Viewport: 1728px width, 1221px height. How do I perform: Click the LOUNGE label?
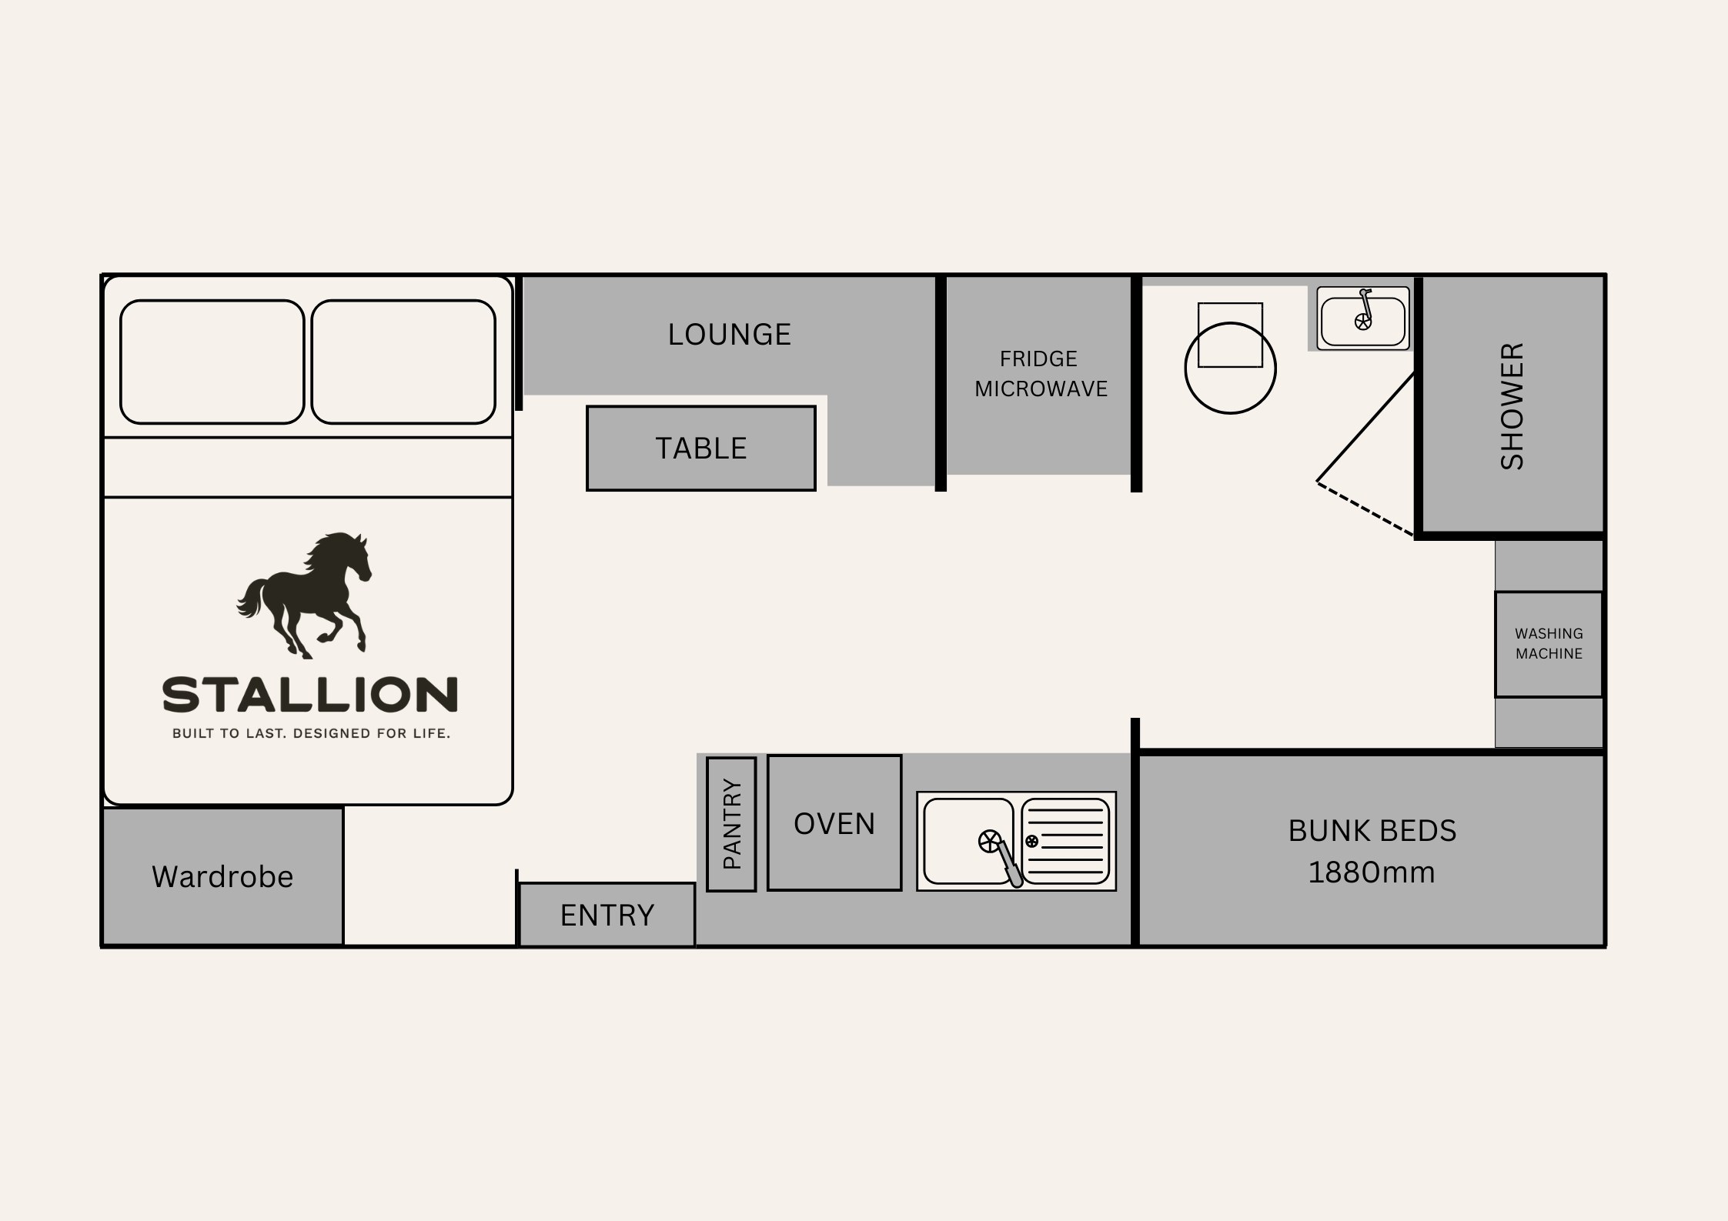coord(729,335)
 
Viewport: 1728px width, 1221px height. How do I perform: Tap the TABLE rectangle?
coord(700,448)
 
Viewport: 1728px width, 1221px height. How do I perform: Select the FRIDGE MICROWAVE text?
coord(1041,374)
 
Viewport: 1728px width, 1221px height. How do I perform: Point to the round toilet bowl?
coord(1230,368)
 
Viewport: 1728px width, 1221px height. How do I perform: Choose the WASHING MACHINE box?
coord(1549,644)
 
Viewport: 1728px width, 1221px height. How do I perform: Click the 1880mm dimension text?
coord(1372,872)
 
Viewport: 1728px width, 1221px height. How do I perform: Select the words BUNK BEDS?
coord(1372,831)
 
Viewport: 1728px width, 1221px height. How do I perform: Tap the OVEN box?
coord(834,822)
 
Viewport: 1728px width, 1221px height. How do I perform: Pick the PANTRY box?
coord(731,824)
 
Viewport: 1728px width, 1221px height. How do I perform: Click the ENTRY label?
coord(607,916)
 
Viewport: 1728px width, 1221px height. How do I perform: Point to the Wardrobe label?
coord(222,877)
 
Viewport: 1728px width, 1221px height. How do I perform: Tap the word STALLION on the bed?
coord(310,695)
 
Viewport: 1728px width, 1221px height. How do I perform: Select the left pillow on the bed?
coord(212,362)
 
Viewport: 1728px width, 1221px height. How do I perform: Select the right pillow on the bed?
coord(403,362)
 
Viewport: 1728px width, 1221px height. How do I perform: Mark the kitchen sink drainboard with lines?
coord(1065,841)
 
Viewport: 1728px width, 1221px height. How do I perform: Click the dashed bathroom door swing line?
coord(1365,508)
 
